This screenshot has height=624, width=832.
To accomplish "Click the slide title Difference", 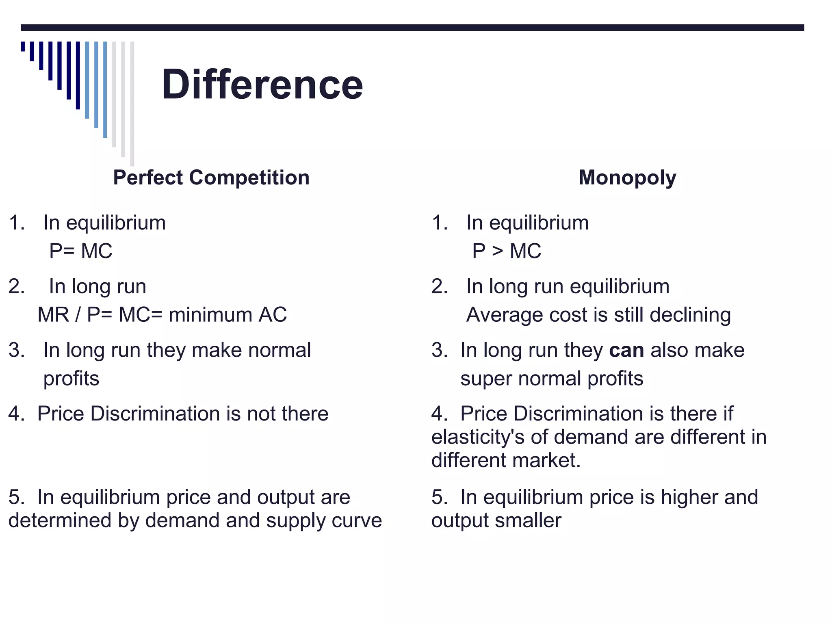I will (262, 85).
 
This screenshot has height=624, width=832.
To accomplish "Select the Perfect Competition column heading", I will (211, 178).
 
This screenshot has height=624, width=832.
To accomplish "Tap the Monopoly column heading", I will (627, 178).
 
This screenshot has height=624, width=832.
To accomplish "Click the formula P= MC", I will (80, 251).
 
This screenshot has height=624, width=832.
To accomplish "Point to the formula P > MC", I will (506, 251).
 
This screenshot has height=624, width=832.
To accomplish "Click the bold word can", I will (626, 350).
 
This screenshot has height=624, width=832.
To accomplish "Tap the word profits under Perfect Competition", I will (71, 379).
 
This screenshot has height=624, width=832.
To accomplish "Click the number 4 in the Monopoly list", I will (437, 414).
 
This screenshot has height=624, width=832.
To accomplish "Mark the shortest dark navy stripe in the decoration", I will (23, 46).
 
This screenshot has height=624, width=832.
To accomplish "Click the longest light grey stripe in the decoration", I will (132, 104).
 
